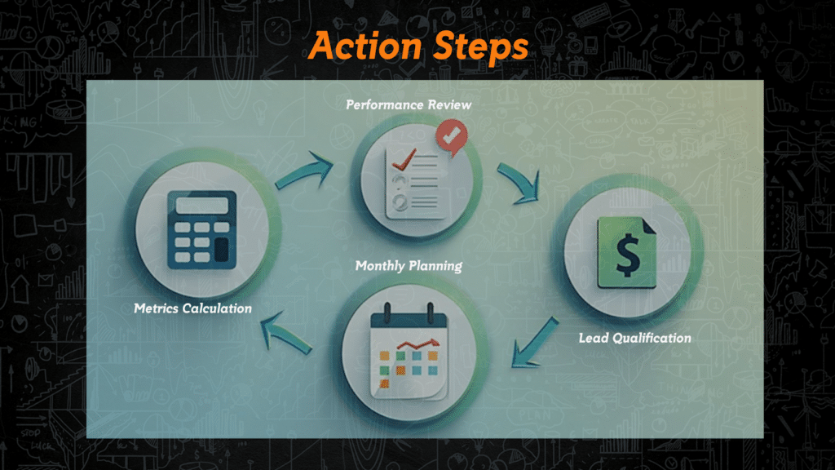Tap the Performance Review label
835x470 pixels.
409,105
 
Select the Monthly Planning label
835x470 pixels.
409,266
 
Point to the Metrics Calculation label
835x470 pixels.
193,308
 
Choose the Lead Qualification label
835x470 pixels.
634,338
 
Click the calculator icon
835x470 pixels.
201,228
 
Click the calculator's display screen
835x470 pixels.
201,205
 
